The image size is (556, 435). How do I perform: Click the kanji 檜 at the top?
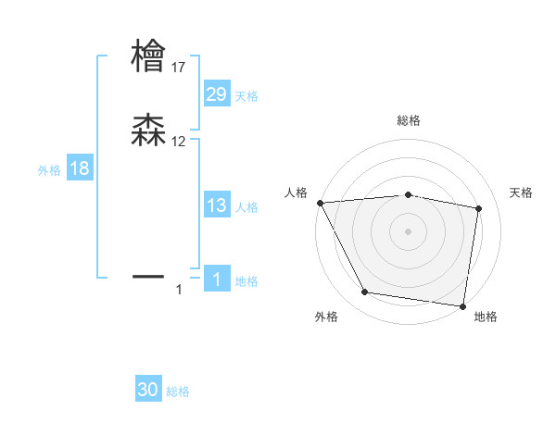(148, 56)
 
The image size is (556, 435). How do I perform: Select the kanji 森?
(148, 130)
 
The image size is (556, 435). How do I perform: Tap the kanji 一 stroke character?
(148, 275)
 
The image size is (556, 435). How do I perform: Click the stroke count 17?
(179, 68)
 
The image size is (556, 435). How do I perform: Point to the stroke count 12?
(179, 142)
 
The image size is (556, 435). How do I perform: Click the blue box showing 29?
(217, 94)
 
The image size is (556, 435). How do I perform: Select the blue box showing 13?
(217, 206)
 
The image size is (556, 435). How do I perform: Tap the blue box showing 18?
(80, 168)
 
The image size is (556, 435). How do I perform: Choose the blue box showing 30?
(148, 391)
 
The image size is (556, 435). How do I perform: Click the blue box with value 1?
(217, 280)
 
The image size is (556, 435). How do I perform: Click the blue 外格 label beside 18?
(49, 169)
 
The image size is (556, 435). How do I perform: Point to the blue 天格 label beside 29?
(246, 96)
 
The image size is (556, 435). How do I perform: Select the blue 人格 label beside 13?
(246, 207)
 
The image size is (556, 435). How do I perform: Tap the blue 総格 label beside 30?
(178, 391)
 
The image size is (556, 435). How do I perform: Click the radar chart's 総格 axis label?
(409, 120)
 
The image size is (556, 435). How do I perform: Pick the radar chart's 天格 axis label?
(521, 193)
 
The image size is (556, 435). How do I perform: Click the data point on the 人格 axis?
(320, 203)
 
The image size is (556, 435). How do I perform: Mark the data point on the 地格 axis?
(462, 305)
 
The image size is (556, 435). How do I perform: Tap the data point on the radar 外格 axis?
(365, 293)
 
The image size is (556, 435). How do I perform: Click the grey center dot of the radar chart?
(409, 231)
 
